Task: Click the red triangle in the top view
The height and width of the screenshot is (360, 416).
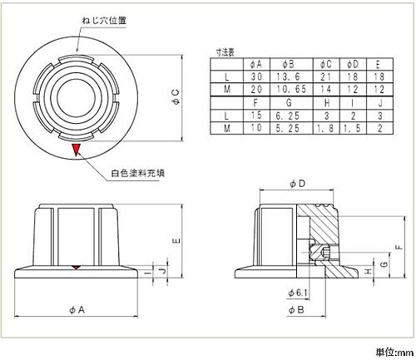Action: [76, 149]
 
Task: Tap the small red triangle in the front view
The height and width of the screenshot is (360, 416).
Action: [76, 267]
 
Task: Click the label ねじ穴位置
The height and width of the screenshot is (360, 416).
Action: [104, 21]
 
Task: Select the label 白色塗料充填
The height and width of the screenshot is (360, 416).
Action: [138, 173]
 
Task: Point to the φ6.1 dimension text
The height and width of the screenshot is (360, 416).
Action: [298, 293]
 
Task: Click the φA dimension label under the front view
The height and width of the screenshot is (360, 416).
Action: [77, 309]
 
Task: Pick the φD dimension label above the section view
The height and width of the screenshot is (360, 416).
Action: [297, 184]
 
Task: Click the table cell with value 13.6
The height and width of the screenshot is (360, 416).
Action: [291, 76]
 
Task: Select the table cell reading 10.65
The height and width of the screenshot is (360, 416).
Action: [291, 89]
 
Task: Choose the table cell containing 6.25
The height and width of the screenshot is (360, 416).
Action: [291, 116]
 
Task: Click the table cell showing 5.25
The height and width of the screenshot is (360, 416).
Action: [291, 128]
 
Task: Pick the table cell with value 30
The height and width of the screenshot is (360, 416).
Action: [256, 76]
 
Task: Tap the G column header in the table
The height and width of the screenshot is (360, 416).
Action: [291, 103]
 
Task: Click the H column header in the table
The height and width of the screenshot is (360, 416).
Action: [326, 103]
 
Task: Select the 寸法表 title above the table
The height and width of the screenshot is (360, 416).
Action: [225, 52]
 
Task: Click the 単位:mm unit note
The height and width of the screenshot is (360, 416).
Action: [394, 353]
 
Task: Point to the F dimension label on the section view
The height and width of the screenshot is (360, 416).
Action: [399, 246]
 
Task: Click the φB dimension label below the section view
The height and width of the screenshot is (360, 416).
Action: [296, 309]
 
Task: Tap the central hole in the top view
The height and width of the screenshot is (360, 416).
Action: [76, 98]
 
